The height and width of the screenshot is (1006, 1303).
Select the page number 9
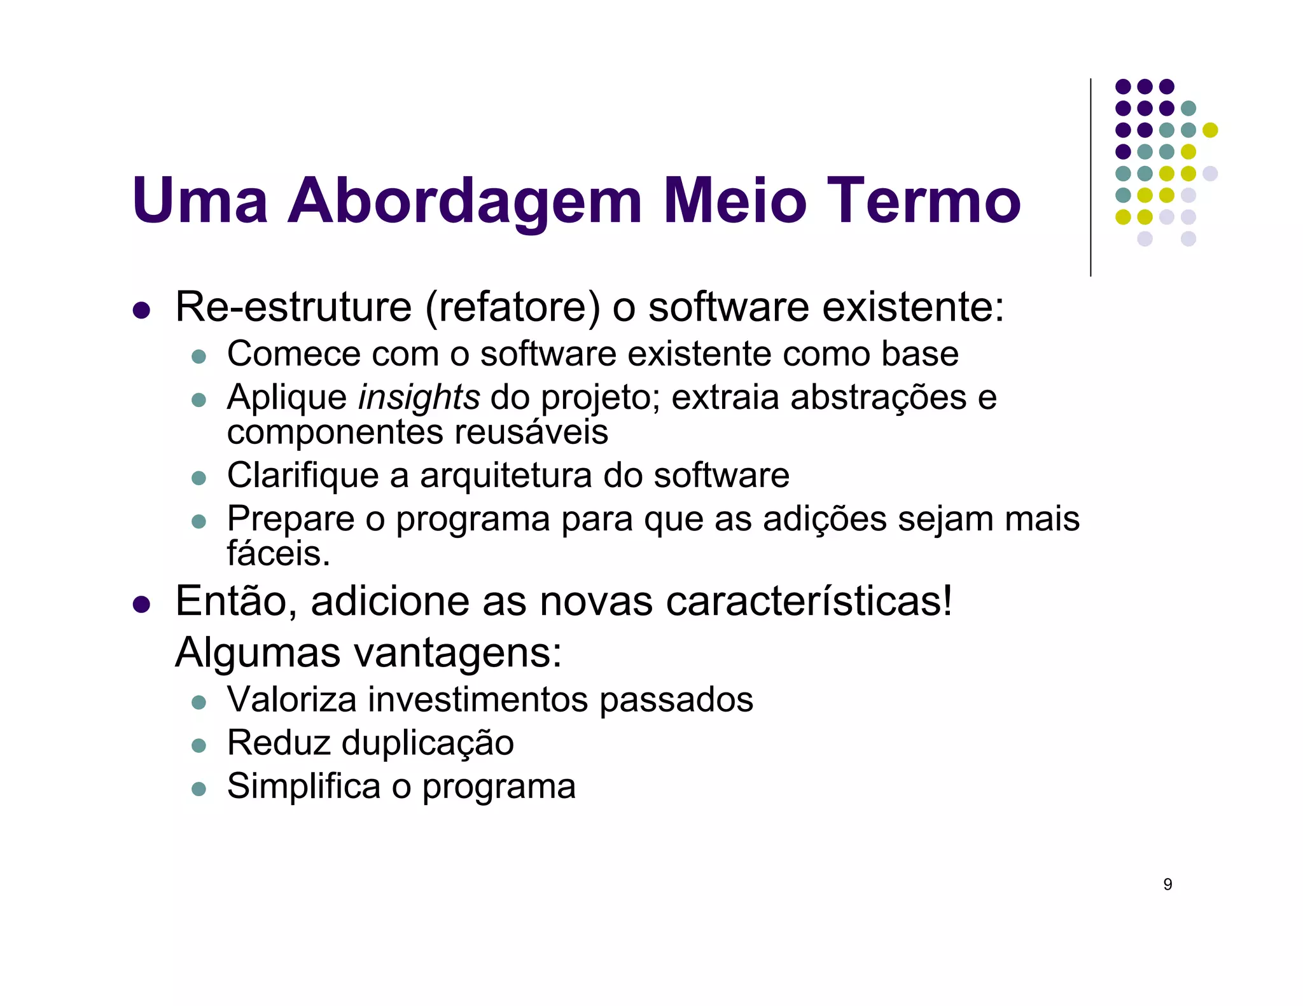1167,885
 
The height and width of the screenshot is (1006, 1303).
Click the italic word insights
419,398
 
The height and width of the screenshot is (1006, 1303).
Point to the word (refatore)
512,308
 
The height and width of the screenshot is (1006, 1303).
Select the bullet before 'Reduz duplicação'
199,745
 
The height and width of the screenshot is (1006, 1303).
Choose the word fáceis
279,553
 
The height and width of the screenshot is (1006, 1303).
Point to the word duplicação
428,743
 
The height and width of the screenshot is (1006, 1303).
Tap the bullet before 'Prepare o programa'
199,521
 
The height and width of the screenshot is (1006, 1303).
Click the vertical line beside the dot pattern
1090,178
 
